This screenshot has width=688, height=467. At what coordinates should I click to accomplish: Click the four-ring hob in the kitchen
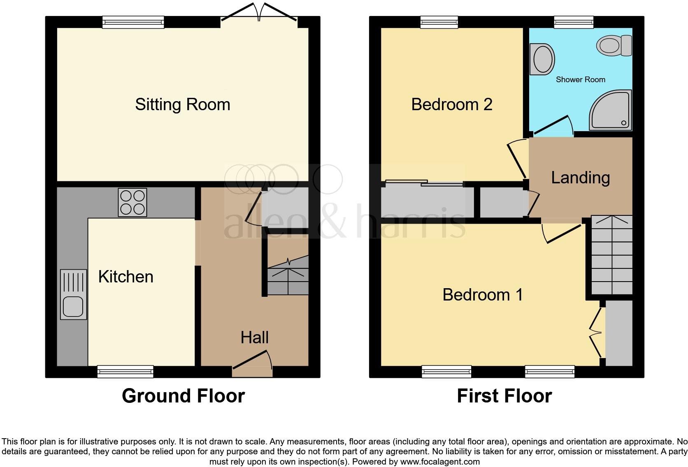coord(132,202)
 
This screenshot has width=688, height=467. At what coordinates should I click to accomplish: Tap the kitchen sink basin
coord(73,306)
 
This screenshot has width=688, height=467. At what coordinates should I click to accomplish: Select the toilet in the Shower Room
coord(614,45)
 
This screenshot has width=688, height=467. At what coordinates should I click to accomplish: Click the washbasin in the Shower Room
coord(542,59)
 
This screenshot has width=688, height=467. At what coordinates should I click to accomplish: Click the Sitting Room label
coord(182,104)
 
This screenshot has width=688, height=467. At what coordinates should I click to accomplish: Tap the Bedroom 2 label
coord(451,104)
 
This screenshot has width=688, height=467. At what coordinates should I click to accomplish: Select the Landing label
coord(580,178)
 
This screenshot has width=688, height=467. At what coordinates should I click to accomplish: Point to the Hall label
coord(254,338)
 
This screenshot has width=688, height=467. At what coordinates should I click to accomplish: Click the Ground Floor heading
coord(183,396)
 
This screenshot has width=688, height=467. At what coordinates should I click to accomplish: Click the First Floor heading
coord(504,396)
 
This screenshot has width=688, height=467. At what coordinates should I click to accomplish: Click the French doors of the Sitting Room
coord(259,12)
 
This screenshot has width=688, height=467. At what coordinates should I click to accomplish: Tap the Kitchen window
coord(125,371)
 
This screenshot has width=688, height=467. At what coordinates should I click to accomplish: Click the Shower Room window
coord(574,22)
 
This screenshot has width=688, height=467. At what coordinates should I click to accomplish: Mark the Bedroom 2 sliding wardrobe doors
coord(424,183)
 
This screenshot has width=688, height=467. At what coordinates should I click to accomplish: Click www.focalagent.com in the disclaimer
coord(440,462)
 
